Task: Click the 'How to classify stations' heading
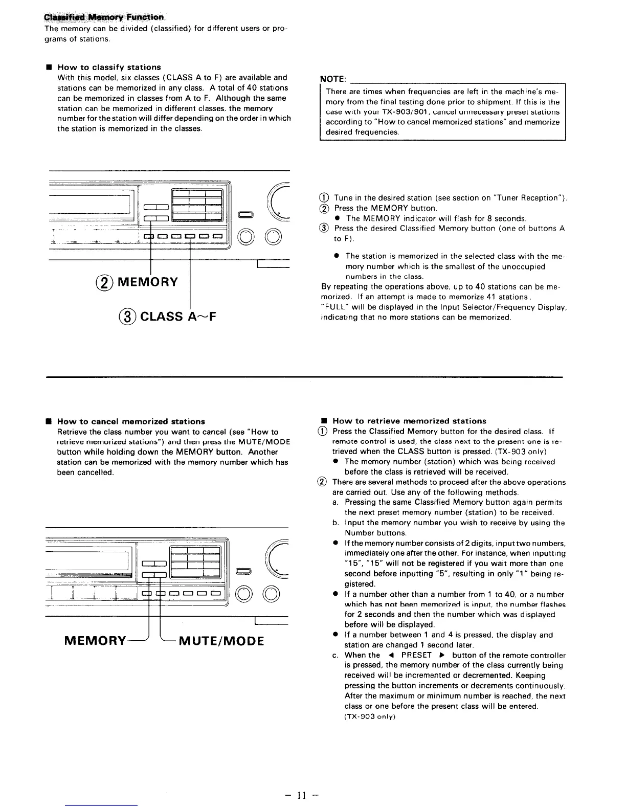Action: click(109, 67)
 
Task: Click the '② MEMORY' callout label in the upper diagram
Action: click(139, 282)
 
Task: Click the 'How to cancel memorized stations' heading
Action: click(131, 421)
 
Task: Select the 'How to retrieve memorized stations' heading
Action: click(409, 421)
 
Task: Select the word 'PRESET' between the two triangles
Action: click(416, 655)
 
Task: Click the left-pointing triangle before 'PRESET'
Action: click(390, 655)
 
